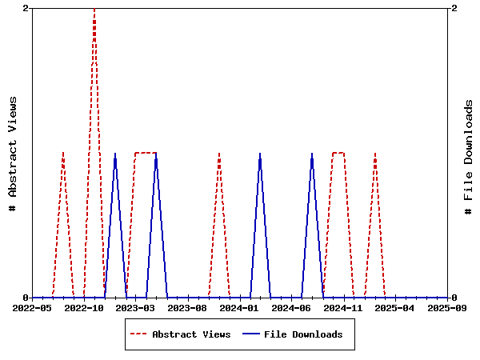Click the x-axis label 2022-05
coord(33,307)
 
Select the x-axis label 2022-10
coord(85,307)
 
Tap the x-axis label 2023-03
coord(137,307)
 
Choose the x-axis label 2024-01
coord(241,307)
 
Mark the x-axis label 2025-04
coord(397,307)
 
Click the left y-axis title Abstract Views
coord(12,153)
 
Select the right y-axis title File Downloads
coord(468,157)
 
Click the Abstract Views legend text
coord(191,334)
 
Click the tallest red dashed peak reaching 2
coord(94,10)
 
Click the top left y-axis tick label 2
coord(26,8)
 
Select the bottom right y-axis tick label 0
coord(454,298)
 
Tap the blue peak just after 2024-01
coord(260,154)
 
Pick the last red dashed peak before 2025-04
coord(374,154)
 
